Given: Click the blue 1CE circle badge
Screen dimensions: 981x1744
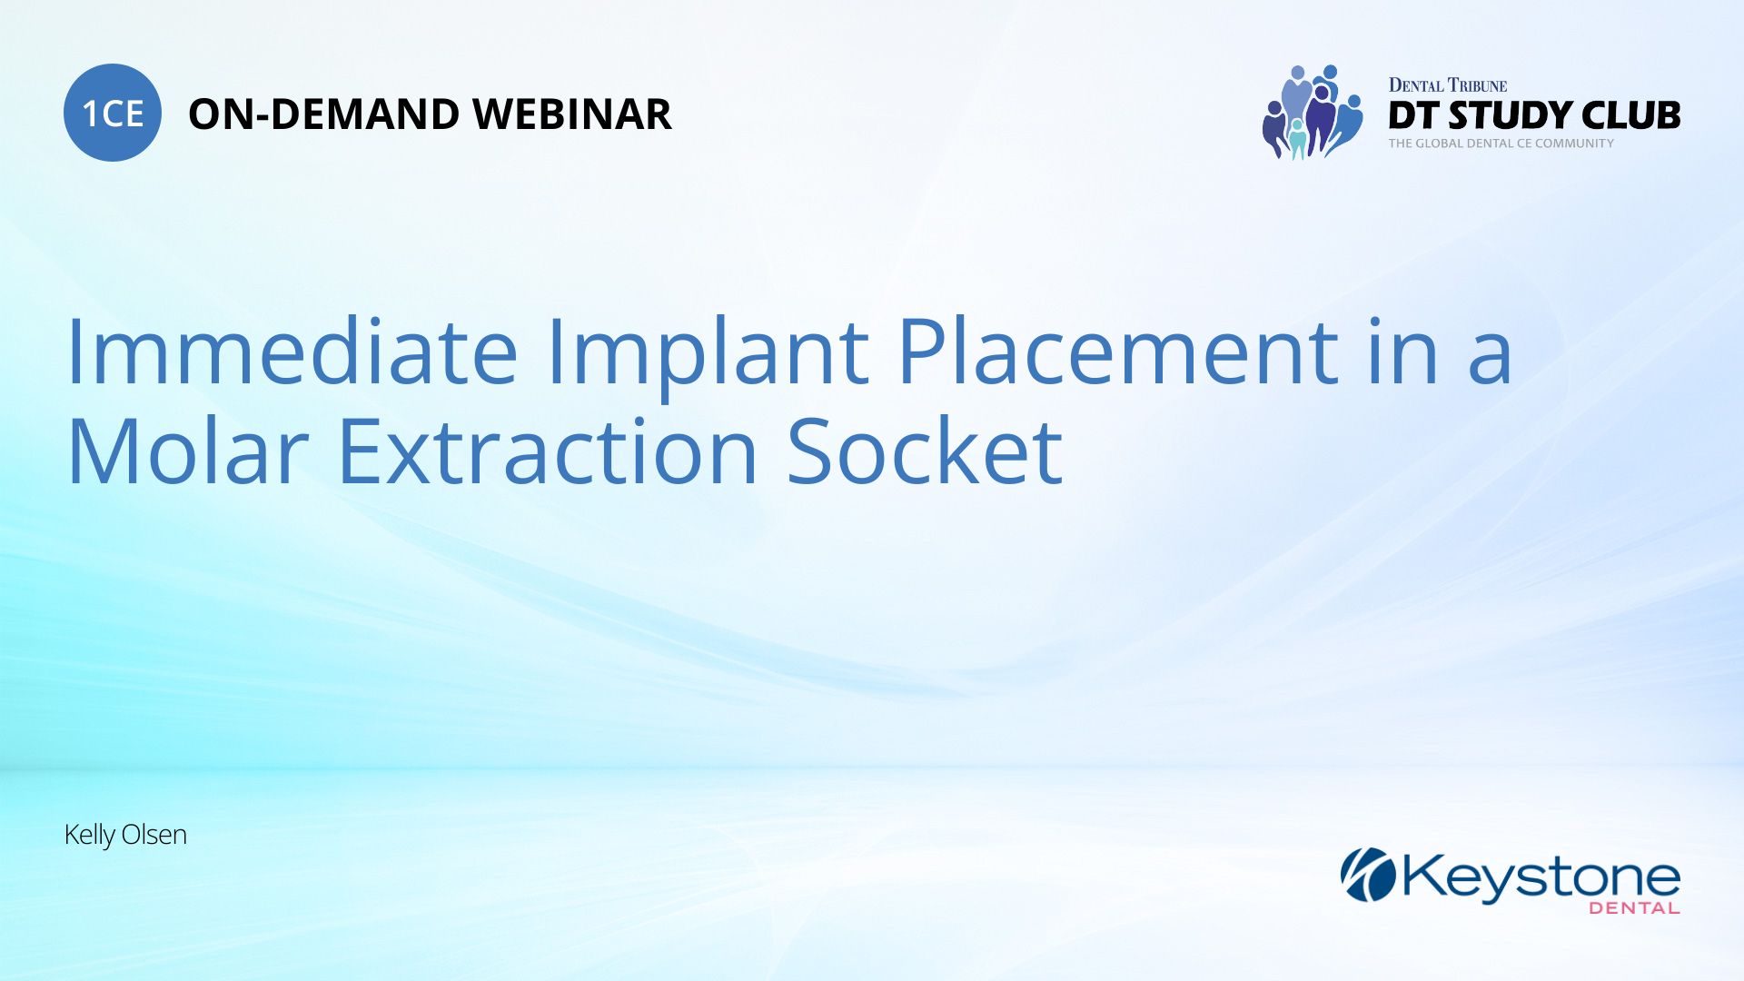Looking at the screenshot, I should (113, 114).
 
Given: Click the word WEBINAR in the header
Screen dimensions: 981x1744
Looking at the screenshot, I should (571, 114).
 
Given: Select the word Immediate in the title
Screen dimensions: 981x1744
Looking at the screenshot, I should (292, 352).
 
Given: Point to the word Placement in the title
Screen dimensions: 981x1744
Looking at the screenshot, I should (1118, 352).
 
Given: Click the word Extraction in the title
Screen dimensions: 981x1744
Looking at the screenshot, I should (548, 451).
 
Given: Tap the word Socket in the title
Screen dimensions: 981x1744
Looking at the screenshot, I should (925, 451).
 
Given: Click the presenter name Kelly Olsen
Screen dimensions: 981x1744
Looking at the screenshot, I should (125, 835).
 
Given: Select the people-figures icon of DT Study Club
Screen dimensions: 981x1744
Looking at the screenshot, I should (1312, 113).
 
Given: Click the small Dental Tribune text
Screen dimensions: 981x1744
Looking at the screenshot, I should (1447, 85).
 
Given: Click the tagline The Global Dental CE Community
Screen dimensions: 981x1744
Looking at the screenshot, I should (1501, 144).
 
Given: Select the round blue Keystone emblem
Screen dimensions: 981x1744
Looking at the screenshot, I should (1368, 875).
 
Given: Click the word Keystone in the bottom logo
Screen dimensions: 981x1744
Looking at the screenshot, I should (1541, 877).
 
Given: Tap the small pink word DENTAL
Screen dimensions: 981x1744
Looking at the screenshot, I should (1634, 907).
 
